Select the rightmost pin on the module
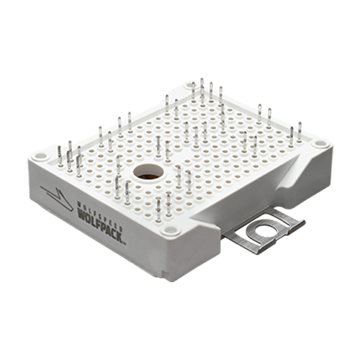(x=301, y=133)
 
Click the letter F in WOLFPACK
(x=95, y=218)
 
